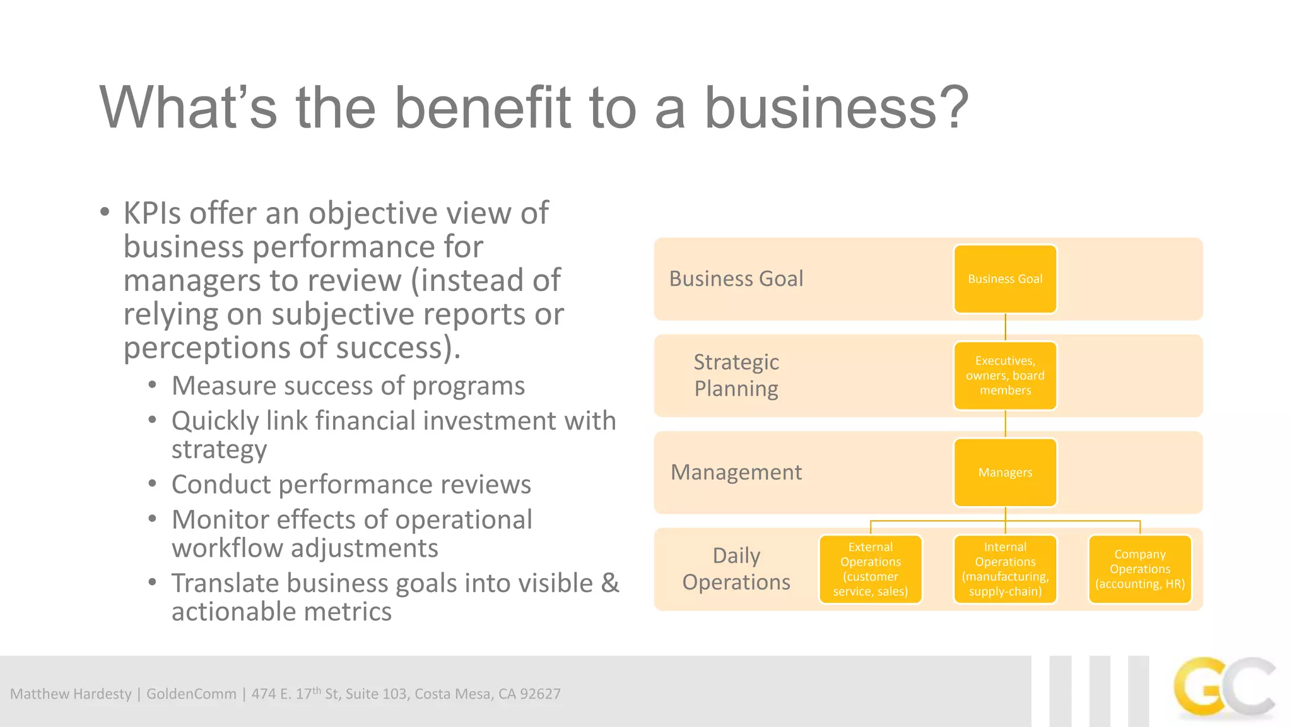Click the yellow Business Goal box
1005,279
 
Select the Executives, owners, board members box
1005,375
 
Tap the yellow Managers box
1005,472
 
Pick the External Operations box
870,569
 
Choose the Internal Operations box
1005,569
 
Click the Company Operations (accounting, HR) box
1139,569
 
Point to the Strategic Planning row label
736,375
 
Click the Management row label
736,472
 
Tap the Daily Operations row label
736,569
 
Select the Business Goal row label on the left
736,279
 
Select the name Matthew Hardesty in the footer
71,694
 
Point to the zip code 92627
540,694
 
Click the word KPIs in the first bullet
152,213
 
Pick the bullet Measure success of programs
348,386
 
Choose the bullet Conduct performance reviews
351,485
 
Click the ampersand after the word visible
609,583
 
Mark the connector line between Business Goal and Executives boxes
1005,328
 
